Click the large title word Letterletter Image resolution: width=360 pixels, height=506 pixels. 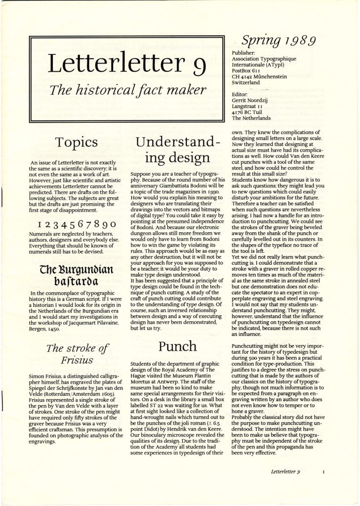pos(113,63)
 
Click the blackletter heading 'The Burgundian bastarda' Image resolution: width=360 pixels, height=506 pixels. pos(76,276)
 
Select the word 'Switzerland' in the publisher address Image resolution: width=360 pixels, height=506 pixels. pos(246,83)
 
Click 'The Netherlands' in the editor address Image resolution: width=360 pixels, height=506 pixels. pos(251,118)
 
